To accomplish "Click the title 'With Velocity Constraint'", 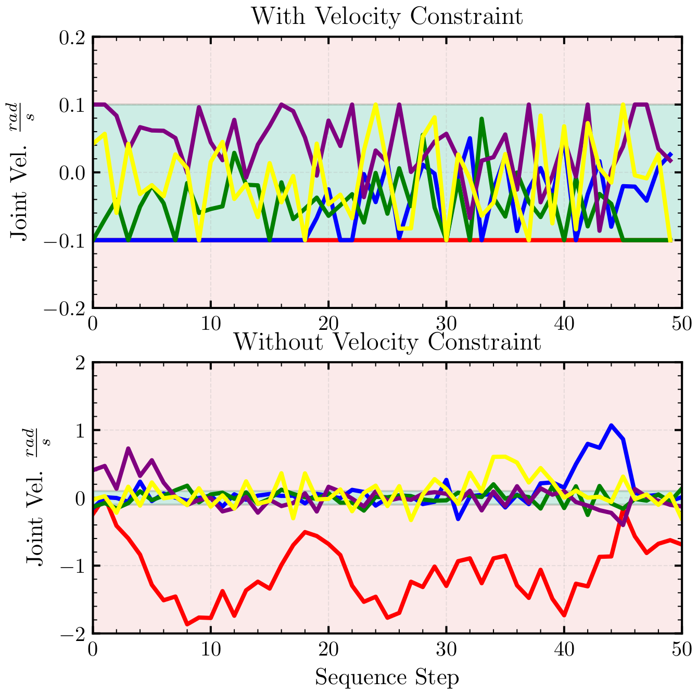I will coord(387,17).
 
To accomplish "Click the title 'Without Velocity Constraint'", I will coord(387,342).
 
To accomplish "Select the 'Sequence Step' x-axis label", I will coord(387,677).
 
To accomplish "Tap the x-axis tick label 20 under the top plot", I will coord(328,324).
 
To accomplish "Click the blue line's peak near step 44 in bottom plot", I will coord(611,426).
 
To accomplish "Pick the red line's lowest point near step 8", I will coord(187,624).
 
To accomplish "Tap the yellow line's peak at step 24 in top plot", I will coord(375,106).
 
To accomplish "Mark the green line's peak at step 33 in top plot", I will coord(481,119).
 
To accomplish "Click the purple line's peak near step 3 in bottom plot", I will coord(129,448).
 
